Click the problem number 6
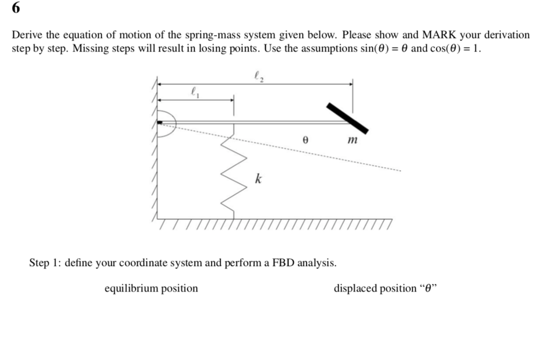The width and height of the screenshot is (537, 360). coord(17,9)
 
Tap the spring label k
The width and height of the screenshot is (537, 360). coord(258,179)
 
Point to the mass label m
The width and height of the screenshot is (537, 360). coord(352,140)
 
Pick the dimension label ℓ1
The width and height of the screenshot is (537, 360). coord(195,92)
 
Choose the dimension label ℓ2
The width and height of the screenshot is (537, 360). coord(257,77)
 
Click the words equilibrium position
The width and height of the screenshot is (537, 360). coord(152,289)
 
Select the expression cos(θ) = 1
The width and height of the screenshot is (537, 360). coord(454,49)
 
